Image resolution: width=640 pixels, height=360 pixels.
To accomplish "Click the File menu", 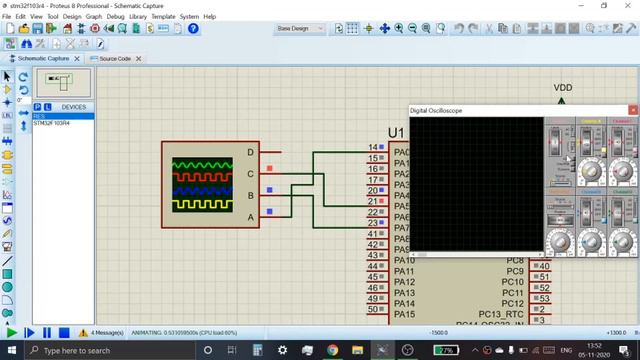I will click(x=7, y=17).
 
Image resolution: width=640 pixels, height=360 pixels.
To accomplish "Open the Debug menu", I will click(x=116, y=17).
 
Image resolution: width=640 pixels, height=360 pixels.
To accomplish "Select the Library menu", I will click(x=137, y=17).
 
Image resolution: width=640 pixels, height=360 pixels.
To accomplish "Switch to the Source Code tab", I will click(x=112, y=59).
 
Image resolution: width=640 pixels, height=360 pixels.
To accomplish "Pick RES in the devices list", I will click(x=39, y=116).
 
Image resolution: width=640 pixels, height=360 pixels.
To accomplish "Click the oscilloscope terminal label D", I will click(x=251, y=152).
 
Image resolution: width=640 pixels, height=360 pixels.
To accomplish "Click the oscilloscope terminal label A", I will click(x=251, y=216).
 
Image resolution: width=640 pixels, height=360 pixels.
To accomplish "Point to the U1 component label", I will click(x=396, y=133).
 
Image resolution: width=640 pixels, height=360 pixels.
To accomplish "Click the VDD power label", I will click(x=563, y=88).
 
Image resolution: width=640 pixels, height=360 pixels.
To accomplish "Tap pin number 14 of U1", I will click(x=372, y=147).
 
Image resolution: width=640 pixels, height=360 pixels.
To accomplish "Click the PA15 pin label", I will click(x=404, y=314).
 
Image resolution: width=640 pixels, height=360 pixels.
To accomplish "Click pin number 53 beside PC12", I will click(x=544, y=298).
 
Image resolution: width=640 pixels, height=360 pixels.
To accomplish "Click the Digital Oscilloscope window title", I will click(x=436, y=110).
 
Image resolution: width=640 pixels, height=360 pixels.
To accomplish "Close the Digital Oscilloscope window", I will click(x=632, y=110).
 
